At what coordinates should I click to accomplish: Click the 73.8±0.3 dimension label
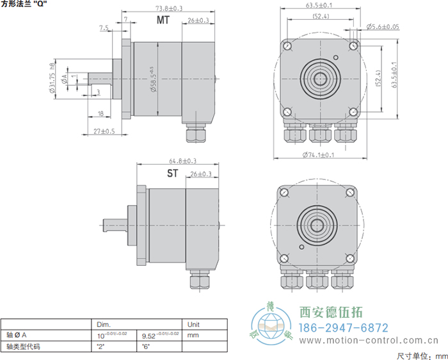click(x=168, y=8)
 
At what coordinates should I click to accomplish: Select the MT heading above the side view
click(x=164, y=20)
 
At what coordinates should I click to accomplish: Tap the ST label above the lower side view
click(x=173, y=174)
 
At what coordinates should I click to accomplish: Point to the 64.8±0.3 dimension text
click(x=182, y=161)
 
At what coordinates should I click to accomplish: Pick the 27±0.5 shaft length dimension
click(x=104, y=131)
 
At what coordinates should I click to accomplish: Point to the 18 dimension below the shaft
click(x=100, y=113)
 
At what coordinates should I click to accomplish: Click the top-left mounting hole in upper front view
click(x=287, y=46)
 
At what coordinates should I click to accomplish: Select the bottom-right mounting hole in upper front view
click(x=352, y=111)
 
